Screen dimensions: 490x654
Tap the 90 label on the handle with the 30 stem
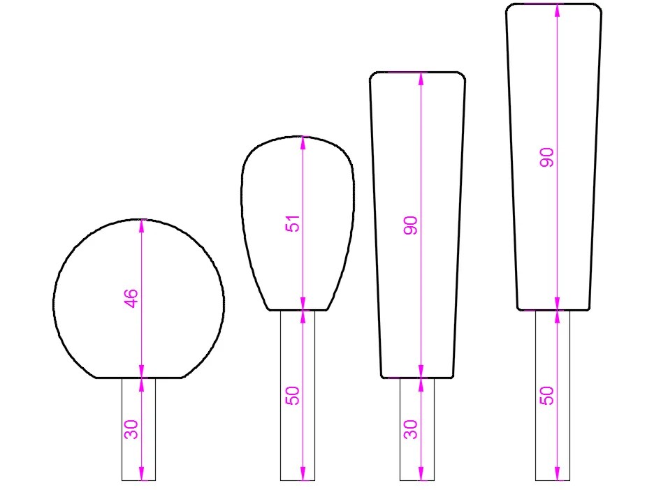(411, 225)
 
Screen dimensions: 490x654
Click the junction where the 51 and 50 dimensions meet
(303, 310)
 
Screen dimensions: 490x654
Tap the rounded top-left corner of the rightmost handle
(509, 8)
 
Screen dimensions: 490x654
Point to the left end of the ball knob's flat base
(96, 378)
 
